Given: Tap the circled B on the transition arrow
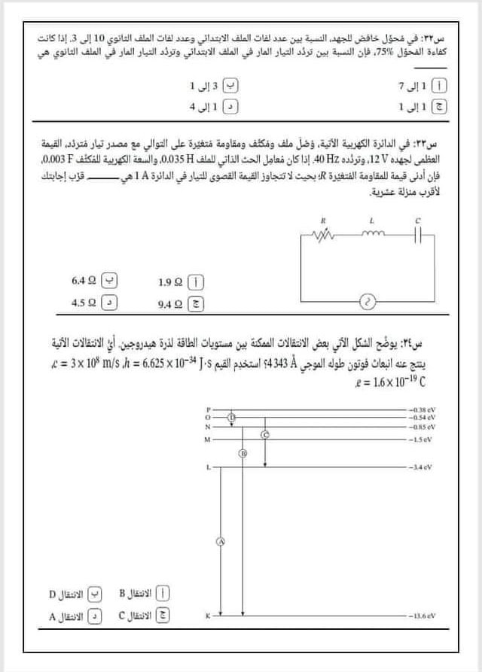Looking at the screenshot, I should (x=243, y=453).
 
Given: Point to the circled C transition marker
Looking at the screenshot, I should (x=264, y=435).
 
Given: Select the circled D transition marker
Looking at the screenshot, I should (x=231, y=415).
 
